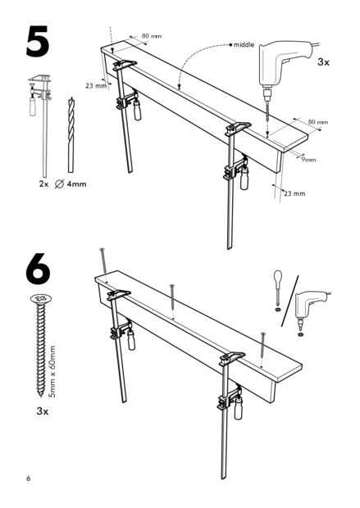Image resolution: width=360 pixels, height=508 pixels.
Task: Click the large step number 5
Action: click(x=38, y=42)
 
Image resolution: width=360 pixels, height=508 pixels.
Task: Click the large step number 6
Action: click(x=38, y=269)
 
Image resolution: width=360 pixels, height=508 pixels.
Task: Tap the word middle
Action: click(x=244, y=45)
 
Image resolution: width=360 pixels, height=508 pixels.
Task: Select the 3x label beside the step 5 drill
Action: click(x=323, y=62)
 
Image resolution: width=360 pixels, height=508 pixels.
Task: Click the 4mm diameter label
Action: click(x=77, y=184)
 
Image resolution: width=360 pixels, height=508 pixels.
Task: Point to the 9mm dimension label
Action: click(x=308, y=160)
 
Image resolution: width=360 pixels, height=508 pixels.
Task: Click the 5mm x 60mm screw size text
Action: click(x=52, y=372)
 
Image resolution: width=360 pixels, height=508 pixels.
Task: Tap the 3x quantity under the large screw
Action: click(x=43, y=411)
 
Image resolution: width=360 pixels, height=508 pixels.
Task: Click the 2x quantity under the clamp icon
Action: click(x=43, y=184)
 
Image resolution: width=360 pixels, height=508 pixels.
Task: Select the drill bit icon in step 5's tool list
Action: click(x=71, y=134)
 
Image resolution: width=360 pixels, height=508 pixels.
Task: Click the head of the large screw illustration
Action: click(x=41, y=298)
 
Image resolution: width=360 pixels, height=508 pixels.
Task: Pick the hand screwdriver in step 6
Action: click(x=278, y=287)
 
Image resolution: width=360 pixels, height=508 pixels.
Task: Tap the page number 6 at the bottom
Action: click(x=29, y=479)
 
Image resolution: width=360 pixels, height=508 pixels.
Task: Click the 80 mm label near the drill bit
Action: click(x=318, y=122)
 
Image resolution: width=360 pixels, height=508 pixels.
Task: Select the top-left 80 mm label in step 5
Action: click(x=152, y=35)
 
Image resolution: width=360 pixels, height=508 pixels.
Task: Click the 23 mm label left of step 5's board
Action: click(x=96, y=86)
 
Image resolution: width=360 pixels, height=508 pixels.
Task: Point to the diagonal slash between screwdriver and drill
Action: click(x=290, y=301)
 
